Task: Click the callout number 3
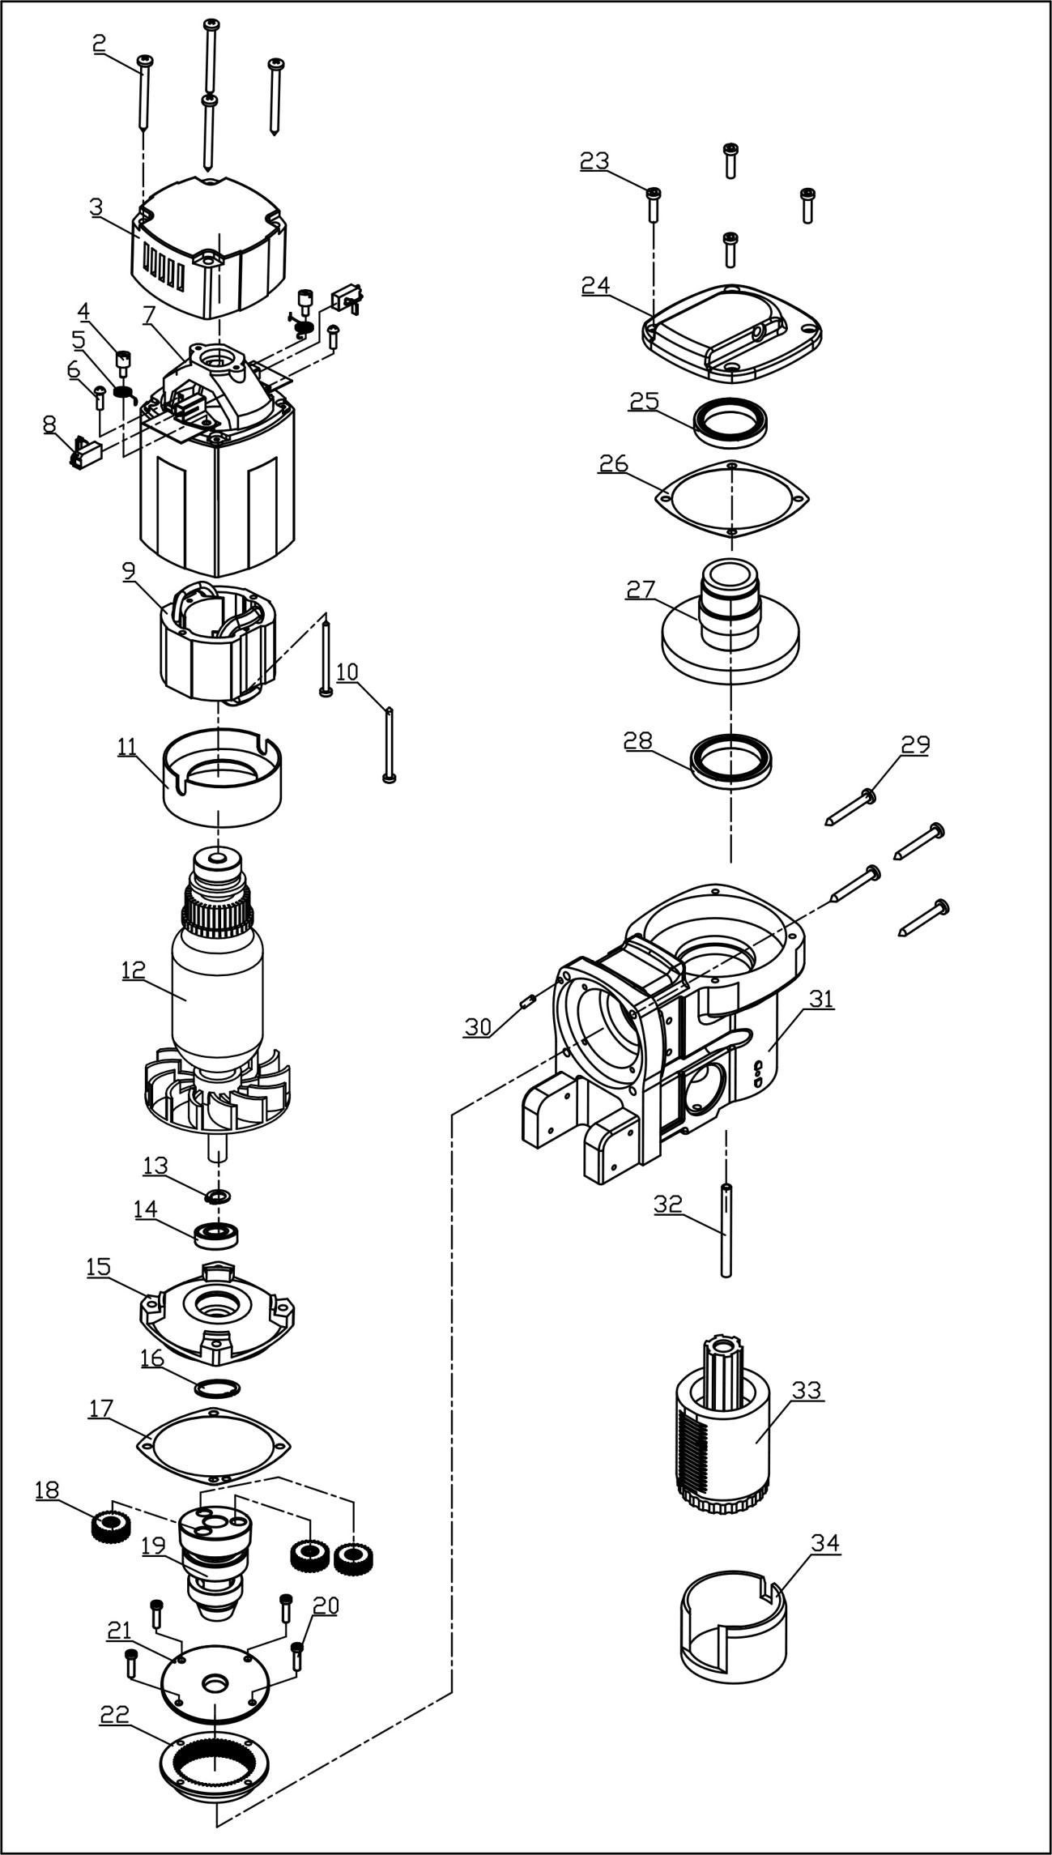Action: click(x=96, y=207)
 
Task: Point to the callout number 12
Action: click(x=134, y=969)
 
